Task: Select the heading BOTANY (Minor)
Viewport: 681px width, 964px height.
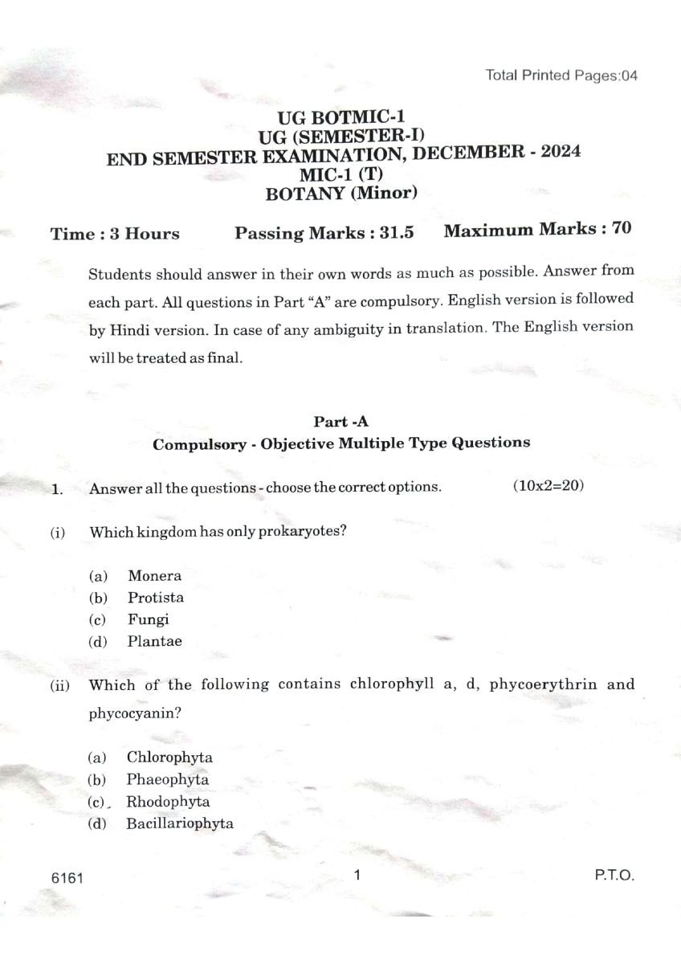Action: click(x=341, y=193)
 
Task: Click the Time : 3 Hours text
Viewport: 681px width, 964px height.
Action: click(x=115, y=234)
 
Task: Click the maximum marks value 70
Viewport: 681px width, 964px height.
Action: click(x=621, y=228)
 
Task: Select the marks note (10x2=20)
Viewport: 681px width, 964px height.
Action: click(x=547, y=486)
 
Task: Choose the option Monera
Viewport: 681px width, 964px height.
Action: click(x=154, y=576)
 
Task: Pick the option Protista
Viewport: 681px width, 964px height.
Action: click(x=155, y=598)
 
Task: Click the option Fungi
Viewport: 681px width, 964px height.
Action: click(x=148, y=619)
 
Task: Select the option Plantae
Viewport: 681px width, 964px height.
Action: click(x=154, y=641)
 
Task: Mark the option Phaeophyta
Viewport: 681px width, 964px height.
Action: click(x=167, y=779)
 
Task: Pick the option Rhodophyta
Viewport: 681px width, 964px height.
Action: click(x=168, y=802)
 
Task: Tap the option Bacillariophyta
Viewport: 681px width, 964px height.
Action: click(x=180, y=823)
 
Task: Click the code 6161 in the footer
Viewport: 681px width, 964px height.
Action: click(x=66, y=878)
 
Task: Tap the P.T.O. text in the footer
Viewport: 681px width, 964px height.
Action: click(x=614, y=876)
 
